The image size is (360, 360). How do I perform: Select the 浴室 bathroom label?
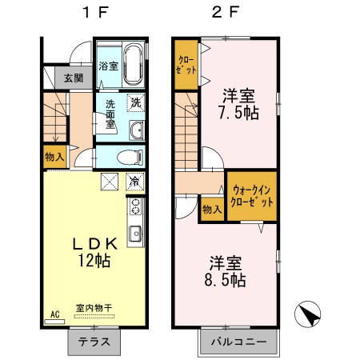coord(108,66)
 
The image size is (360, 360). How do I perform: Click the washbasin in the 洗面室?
coord(134,130)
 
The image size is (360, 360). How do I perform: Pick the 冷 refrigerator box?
coord(135,182)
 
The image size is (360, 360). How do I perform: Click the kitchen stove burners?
coord(135,209)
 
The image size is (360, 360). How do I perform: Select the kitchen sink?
coord(135,234)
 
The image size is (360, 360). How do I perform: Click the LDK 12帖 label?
coord(94,251)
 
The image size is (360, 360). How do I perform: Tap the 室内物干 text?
coord(94,308)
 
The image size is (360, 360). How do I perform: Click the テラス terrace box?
coord(94,342)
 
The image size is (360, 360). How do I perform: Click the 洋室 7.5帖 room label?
coord(239,102)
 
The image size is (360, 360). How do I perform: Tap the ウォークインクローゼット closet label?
coord(252,196)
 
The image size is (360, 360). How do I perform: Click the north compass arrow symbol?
coord(308,314)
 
